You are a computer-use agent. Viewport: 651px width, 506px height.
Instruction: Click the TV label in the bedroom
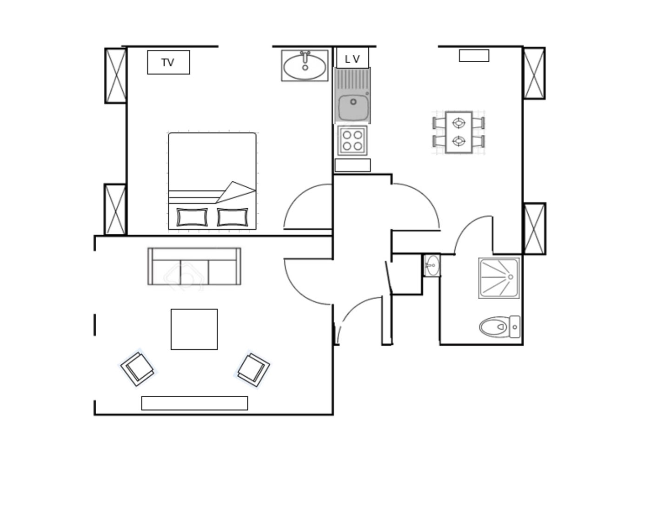coord(167,63)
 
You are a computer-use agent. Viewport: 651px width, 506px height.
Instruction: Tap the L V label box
coord(352,58)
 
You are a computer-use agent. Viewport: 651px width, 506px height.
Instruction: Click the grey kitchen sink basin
coord(353,108)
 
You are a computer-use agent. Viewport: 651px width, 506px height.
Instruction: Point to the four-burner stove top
coord(352,141)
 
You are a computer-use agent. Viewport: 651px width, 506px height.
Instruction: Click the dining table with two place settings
coord(458,132)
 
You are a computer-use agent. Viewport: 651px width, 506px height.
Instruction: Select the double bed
coord(212,181)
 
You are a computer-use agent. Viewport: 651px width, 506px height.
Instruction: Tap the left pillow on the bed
coord(192,217)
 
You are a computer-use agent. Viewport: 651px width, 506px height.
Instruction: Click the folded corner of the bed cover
coord(235,192)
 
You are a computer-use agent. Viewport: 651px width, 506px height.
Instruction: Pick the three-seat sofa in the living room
coord(194,266)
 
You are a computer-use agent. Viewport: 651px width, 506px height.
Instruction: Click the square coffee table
coord(194,329)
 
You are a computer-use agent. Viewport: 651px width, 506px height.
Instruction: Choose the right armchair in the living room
coord(253,370)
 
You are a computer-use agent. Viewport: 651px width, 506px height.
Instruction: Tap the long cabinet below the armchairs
coord(194,403)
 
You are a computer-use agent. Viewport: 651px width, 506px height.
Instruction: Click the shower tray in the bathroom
coord(499,278)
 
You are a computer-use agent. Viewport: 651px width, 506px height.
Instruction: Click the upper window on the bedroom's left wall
coord(116,75)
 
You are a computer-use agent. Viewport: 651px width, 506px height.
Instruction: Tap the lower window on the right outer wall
coord(534,229)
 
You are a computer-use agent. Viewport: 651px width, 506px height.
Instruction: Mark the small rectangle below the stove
coord(352,165)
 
